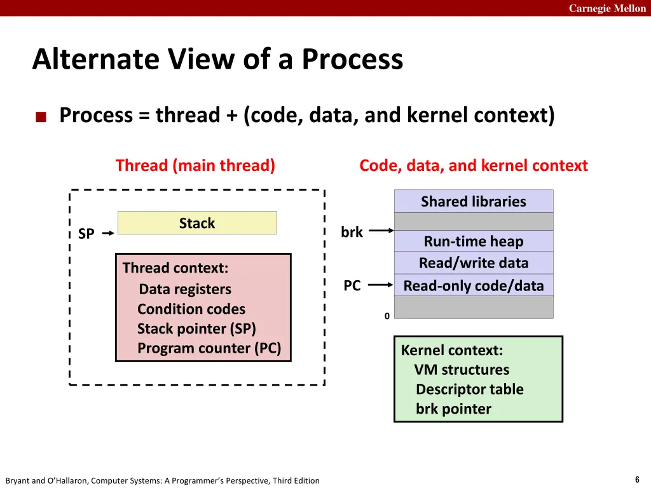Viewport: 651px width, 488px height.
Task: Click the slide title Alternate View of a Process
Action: point(217,60)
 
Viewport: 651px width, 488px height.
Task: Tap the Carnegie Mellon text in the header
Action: point(606,8)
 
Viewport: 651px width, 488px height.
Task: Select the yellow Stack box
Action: point(197,223)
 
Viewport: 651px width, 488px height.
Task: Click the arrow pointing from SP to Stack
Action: point(108,233)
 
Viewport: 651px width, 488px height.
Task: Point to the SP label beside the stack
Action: point(86,234)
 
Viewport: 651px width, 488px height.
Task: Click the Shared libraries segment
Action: point(474,201)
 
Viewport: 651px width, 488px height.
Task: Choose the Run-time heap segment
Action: point(474,241)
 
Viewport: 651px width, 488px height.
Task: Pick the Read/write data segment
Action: point(474,262)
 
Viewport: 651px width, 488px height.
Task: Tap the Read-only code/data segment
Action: point(474,286)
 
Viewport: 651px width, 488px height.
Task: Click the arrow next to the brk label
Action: point(381,232)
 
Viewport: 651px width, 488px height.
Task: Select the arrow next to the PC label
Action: point(381,286)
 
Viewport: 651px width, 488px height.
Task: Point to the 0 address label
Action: point(387,316)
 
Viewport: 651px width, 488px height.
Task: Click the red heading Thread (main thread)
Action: point(195,166)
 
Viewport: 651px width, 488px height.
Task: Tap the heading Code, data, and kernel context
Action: point(474,166)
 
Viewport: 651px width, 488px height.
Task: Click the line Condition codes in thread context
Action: point(191,309)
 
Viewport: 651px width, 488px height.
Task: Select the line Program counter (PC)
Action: point(209,348)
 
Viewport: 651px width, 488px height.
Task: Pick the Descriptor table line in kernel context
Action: point(469,390)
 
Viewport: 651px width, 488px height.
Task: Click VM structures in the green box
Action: point(462,370)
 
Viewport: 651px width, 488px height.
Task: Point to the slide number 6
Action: point(637,480)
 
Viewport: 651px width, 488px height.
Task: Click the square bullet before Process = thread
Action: point(41,117)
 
